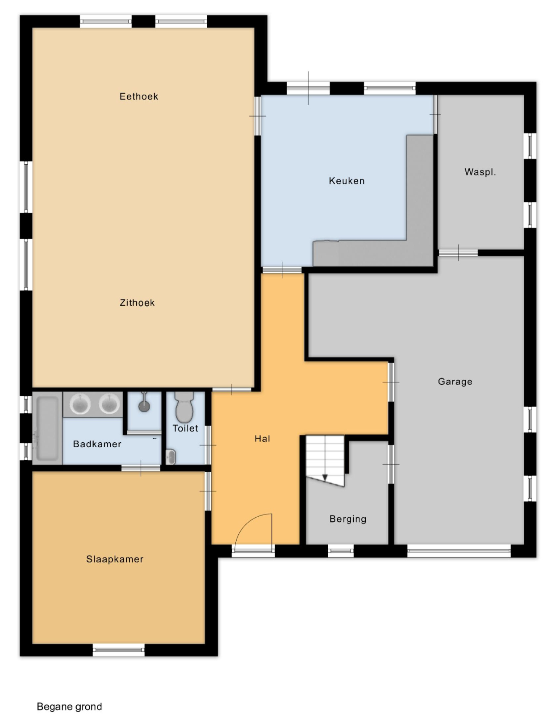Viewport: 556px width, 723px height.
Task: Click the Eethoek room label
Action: tap(139, 96)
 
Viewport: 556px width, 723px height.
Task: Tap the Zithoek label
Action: tap(137, 303)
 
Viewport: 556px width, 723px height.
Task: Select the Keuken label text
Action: tap(347, 181)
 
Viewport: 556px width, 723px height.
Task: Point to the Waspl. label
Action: tap(480, 172)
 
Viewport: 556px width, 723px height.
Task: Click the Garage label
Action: tap(455, 382)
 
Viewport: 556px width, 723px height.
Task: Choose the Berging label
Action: tap(348, 519)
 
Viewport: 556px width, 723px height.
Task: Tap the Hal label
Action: tap(262, 439)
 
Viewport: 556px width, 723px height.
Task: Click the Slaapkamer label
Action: tap(115, 559)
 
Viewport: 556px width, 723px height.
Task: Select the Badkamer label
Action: tap(97, 444)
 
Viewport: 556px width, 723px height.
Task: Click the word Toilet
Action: tap(185, 428)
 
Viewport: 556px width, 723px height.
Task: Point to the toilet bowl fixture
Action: tap(184, 407)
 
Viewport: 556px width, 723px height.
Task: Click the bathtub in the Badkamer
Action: tap(47, 428)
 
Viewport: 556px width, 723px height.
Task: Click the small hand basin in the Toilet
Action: tap(171, 457)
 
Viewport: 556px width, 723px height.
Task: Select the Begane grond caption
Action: tap(69, 706)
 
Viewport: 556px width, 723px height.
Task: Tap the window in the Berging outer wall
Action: tap(341, 551)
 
